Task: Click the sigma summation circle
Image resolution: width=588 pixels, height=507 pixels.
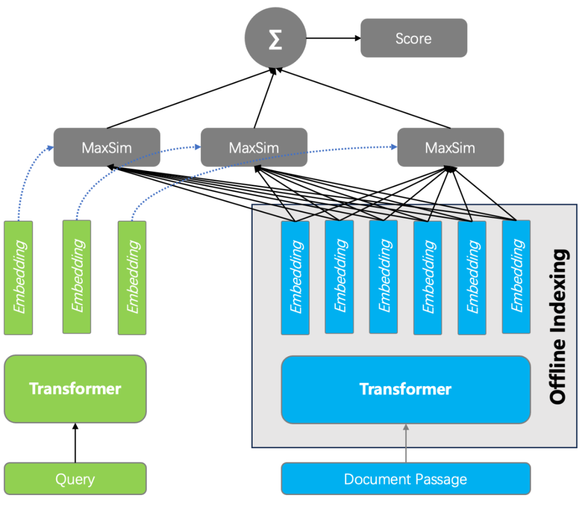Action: pos(275,39)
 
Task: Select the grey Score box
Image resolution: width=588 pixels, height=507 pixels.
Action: pos(414,38)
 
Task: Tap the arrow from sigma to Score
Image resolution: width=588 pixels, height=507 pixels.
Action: pos(333,38)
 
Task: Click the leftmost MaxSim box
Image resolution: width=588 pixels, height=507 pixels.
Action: pos(107,147)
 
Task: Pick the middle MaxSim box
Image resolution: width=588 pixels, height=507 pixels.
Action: pos(254,147)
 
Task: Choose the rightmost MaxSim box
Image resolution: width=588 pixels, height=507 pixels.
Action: pos(450,147)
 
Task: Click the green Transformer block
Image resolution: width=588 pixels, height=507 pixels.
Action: pos(75,389)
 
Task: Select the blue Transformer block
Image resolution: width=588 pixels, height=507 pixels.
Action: pos(406,389)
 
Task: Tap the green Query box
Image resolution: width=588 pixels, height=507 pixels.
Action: pos(75,479)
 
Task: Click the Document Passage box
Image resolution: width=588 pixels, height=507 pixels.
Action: pos(406,479)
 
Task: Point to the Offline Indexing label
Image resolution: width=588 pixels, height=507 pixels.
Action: pos(558,327)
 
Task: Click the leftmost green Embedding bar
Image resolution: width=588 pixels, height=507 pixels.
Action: pos(19,277)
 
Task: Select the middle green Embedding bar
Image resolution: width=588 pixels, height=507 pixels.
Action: pos(77,277)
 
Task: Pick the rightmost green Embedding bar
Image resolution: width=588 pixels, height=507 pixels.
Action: pos(132,277)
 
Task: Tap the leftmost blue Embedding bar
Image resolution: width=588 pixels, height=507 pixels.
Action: pos(295,277)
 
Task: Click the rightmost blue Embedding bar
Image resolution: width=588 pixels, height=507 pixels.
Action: pos(516,277)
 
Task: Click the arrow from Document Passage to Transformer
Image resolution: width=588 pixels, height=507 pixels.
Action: pos(406,443)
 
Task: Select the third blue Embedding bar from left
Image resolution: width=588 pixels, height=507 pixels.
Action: pos(383,277)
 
